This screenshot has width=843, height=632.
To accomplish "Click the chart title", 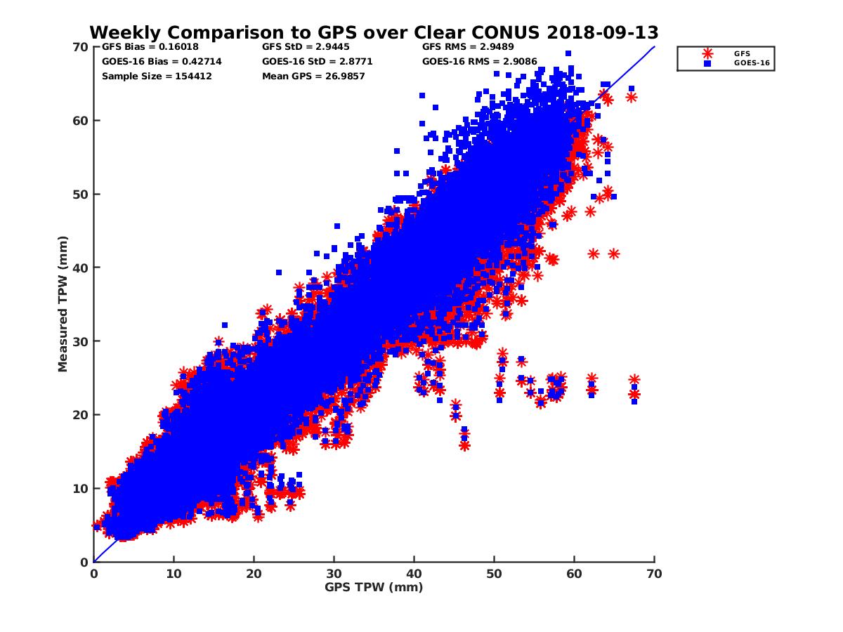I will (x=374, y=32).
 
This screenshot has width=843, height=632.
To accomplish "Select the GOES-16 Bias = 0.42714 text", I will (x=162, y=61).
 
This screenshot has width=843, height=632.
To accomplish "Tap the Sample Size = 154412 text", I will (x=157, y=76).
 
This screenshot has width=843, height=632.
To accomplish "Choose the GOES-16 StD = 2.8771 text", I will (x=317, y=61).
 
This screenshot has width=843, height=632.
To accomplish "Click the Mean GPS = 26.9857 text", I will (x=313, y=76).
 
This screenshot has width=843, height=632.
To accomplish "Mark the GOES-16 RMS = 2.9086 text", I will (x=480, y=61).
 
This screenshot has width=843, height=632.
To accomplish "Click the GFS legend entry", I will (x=741, y=53).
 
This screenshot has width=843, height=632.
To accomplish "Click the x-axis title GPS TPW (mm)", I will (x=374, y=587).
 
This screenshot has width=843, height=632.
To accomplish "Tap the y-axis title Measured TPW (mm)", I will (x=63, y=304).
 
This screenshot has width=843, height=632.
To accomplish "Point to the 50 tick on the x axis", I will (x=495, y=574).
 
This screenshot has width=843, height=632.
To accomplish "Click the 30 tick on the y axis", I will (x=82, y=341).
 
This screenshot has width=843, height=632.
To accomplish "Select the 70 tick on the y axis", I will (x=82, y=47).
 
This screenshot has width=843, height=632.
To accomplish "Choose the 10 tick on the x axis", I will (x=174, y=574).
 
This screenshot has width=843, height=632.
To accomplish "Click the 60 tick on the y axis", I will (x=82, y=121).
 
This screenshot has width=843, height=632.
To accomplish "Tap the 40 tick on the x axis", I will (x=414, y=574).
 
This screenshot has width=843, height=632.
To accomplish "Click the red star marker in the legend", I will (x=707, y=53).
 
